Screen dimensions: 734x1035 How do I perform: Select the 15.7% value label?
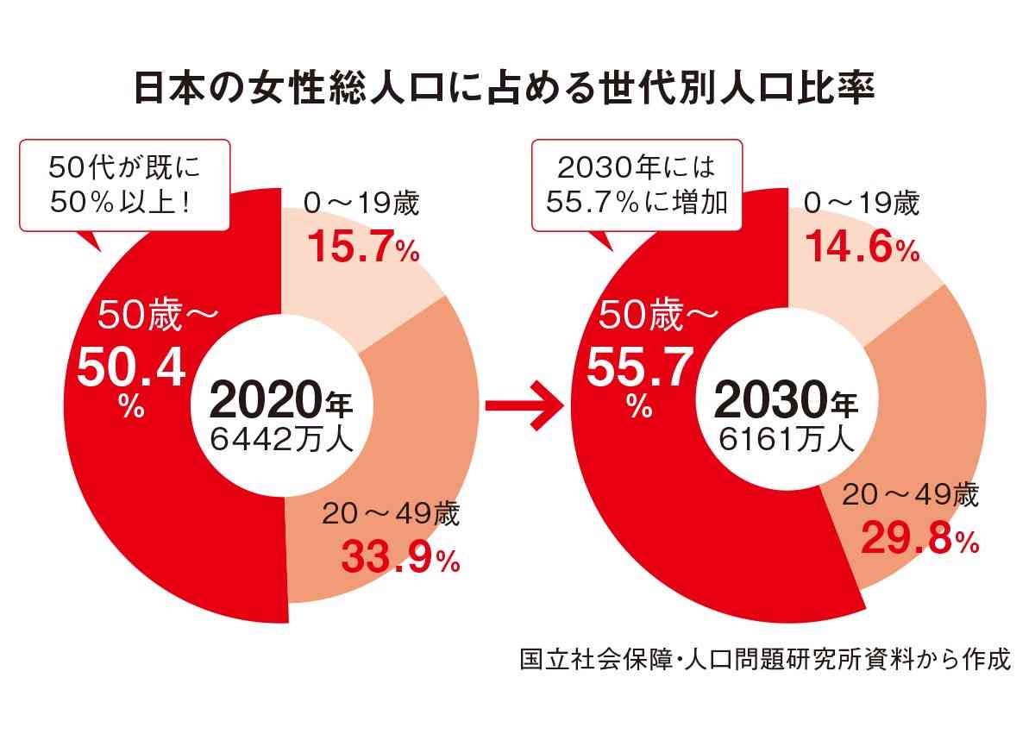[363, 250]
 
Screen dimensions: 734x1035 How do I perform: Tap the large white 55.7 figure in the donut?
[639, 369]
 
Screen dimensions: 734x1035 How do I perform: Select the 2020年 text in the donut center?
[280, 399]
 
